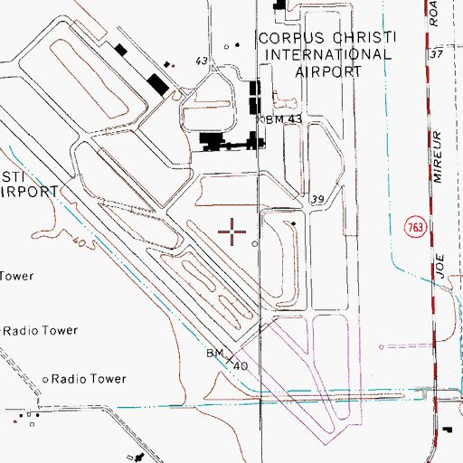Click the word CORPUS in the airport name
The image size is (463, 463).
coord(283,38)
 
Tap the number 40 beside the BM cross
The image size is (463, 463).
coord(241,365)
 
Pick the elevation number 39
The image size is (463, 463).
coord(317,199)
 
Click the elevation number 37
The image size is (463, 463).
coord(438,54)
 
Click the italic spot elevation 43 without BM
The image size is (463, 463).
coord(201,61)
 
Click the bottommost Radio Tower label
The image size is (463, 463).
coord(89,379)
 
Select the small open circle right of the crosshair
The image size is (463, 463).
coord(255,243)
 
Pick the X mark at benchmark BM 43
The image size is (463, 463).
coord(260,118)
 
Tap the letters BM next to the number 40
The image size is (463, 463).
coord(214,352)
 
